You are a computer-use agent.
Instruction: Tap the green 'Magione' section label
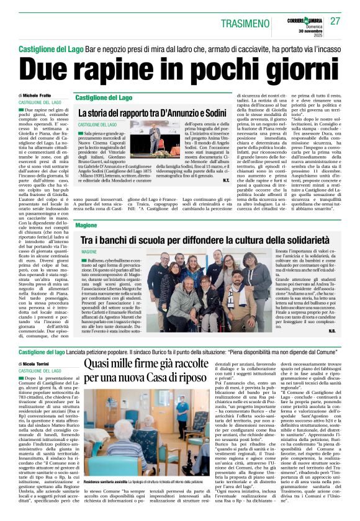(x=86, y=226)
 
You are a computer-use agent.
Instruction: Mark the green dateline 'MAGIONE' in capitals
(x=89, y=252)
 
